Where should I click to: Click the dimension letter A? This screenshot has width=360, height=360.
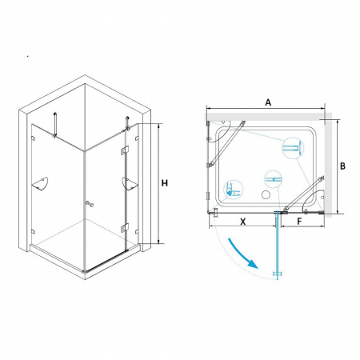tap(268, 102)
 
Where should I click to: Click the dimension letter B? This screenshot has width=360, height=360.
tap(342, 166)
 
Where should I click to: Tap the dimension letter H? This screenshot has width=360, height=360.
tap(165, 183)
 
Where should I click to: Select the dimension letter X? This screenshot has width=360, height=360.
tap(243, 222)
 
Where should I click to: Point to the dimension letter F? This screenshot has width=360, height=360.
tap(299, 222)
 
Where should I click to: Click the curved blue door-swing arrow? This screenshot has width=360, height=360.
tap(242, 253)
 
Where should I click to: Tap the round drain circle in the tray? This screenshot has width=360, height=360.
tap(266, 194)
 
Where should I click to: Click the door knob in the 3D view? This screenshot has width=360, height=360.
tap(89, 204)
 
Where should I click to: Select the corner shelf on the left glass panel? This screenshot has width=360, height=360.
tap(40, 184)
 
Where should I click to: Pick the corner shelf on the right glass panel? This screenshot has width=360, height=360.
tap(130, 183)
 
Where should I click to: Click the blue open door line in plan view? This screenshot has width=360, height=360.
tap(278, 246)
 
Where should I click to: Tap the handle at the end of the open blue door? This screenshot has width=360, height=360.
tap(278, 274)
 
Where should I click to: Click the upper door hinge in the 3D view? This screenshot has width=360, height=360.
tap(125, 150)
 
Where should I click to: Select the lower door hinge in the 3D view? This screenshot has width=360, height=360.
tap(125, 228)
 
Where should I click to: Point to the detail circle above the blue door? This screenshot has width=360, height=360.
tap(273, 179)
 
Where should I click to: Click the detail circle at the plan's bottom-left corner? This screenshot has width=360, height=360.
tap(234, 189)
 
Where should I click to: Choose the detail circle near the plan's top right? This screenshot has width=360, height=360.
tap(293, 148)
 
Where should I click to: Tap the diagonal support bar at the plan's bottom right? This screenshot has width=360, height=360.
tap(303, 194)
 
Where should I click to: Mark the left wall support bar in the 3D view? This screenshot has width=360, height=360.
tap(55, 125)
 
